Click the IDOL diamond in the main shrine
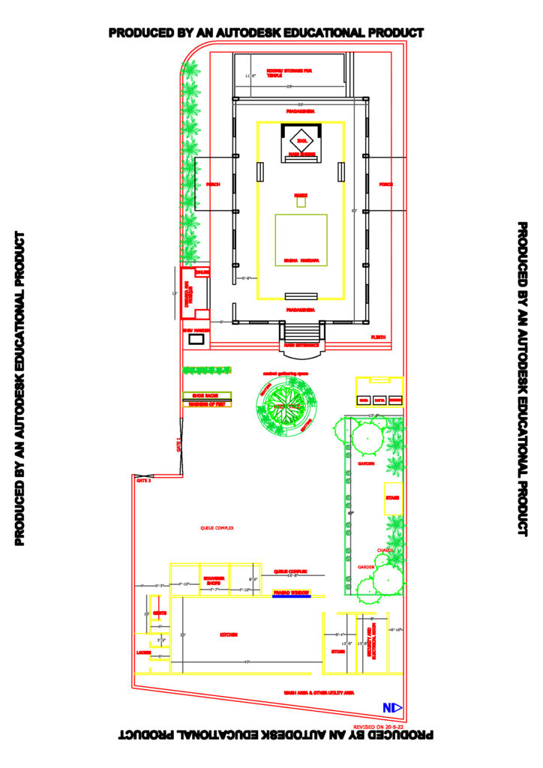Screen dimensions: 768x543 [x=301, y=140]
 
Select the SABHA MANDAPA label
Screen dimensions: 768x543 [x=301, y=261]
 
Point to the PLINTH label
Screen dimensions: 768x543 [x=378, y=338]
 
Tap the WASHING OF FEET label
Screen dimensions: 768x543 [x=207, y=404]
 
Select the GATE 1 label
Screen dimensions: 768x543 [x=178, y=445]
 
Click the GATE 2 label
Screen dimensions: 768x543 [x=143, y=481]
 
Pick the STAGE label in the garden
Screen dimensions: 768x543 [x=392, y=498]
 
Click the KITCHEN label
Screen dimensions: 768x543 [x=229, y=634]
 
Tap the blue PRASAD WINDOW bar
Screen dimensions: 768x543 [x=291, y=594]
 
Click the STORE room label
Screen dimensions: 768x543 [x=337, y=652]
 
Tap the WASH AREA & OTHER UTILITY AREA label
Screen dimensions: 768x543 [x=319, y=693]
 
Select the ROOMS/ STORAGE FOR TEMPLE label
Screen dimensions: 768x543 [x=289, y=73]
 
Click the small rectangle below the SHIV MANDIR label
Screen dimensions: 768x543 [x=196, y=340]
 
